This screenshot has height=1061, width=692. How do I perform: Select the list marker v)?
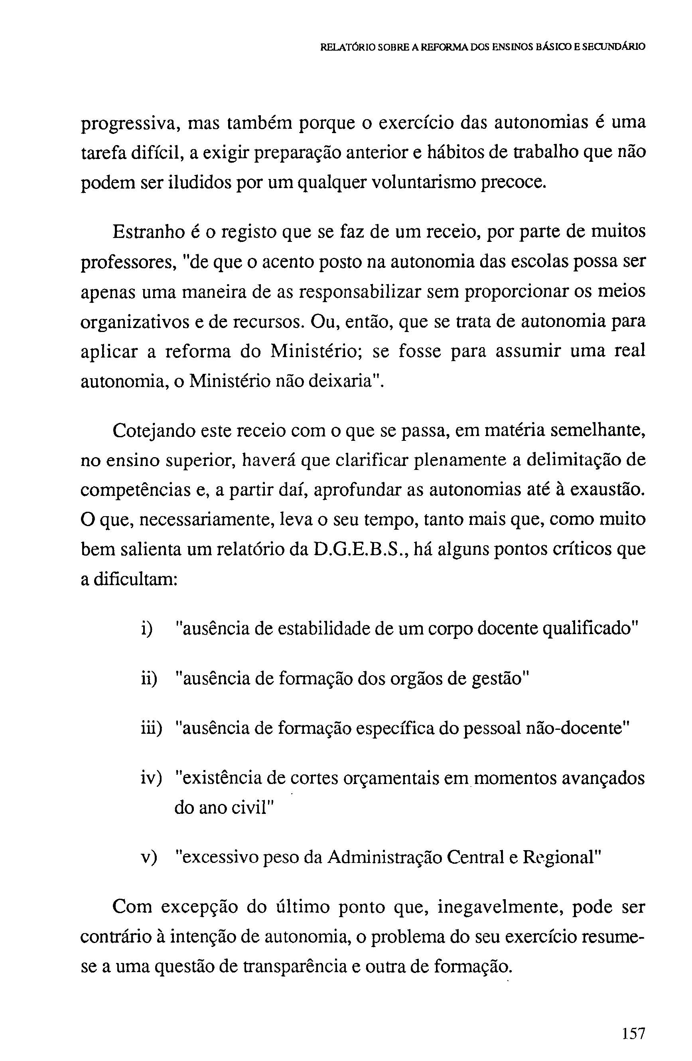[x=149, y=857]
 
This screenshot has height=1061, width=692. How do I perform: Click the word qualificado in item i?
[x=591, y=629]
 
